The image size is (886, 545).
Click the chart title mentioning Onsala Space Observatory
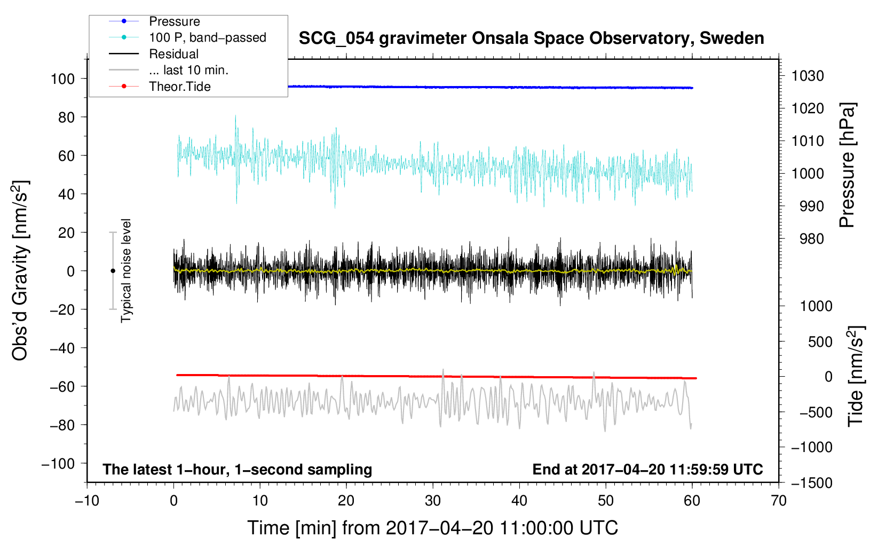531,38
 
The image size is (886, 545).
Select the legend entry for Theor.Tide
180,87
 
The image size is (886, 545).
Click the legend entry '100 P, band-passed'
207,37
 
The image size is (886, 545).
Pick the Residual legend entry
173,54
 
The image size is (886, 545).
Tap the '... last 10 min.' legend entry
188,70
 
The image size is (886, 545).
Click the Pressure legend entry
175,21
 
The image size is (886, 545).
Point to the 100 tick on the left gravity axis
62,79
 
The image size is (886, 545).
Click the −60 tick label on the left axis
62,386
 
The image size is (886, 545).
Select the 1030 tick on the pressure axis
808,76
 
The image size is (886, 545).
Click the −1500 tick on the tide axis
812,483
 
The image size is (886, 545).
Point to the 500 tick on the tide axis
820,341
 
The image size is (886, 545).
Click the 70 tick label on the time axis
779,501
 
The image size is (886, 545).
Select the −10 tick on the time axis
87,501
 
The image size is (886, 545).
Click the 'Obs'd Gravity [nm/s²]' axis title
20,270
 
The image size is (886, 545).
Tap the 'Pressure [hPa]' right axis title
848,165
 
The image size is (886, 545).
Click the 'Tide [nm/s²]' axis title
856,376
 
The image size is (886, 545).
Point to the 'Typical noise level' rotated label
126,270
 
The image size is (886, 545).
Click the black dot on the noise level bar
113,271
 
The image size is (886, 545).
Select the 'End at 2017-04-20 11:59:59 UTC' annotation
647,469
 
